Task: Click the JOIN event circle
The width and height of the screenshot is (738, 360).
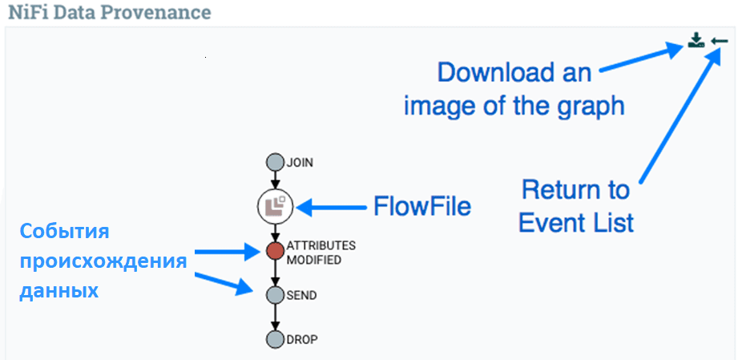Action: [x=276, y=163]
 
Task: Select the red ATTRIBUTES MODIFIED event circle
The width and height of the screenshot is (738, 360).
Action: [x=276, y=251]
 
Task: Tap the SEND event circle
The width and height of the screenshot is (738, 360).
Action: [x=276, y=295]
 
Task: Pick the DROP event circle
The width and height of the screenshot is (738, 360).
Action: [x=276, y=339]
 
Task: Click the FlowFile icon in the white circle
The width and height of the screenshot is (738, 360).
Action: [x=276, y=206]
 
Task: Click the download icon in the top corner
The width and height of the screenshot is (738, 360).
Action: [x=696, y=41]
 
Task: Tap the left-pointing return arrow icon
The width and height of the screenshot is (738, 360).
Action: [x=720, y=42]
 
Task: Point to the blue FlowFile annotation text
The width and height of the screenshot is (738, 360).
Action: [x=422, y=206]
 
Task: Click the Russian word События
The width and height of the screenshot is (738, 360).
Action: [x=64, y=233]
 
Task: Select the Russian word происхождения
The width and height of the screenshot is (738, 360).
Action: [x=103, y=262]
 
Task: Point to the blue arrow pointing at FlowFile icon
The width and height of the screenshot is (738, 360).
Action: [x=332, y=207]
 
